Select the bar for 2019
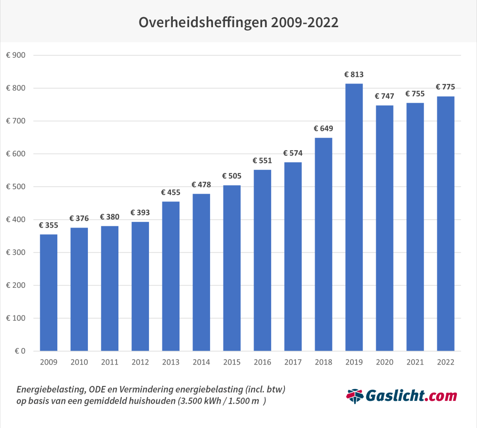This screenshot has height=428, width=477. (x=354, y=217)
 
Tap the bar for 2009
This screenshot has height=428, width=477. (x=49, y=292)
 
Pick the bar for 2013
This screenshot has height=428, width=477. (x=170, y=276)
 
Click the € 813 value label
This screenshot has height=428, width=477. (x=354, y=74)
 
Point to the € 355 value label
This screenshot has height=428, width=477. (x=49, y=225)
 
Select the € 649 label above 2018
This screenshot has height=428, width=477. (x=323, y=128)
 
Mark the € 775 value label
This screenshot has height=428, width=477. (x=445, y=87)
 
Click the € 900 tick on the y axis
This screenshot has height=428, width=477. (x=16, y=55)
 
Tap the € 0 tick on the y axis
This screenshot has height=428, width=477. (x=20, y=351)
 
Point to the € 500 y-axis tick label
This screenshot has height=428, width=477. (x=16, y=187)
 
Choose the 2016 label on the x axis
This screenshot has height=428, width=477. (x=262, y=363)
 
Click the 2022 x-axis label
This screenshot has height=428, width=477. (x=445, y=363)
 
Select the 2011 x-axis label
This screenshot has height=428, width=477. (x=110, y=363)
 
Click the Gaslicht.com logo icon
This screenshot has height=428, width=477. (x=355, y=396)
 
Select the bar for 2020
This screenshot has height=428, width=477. (x=384, y=228)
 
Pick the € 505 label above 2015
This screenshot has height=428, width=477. (x=232, y=176)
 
